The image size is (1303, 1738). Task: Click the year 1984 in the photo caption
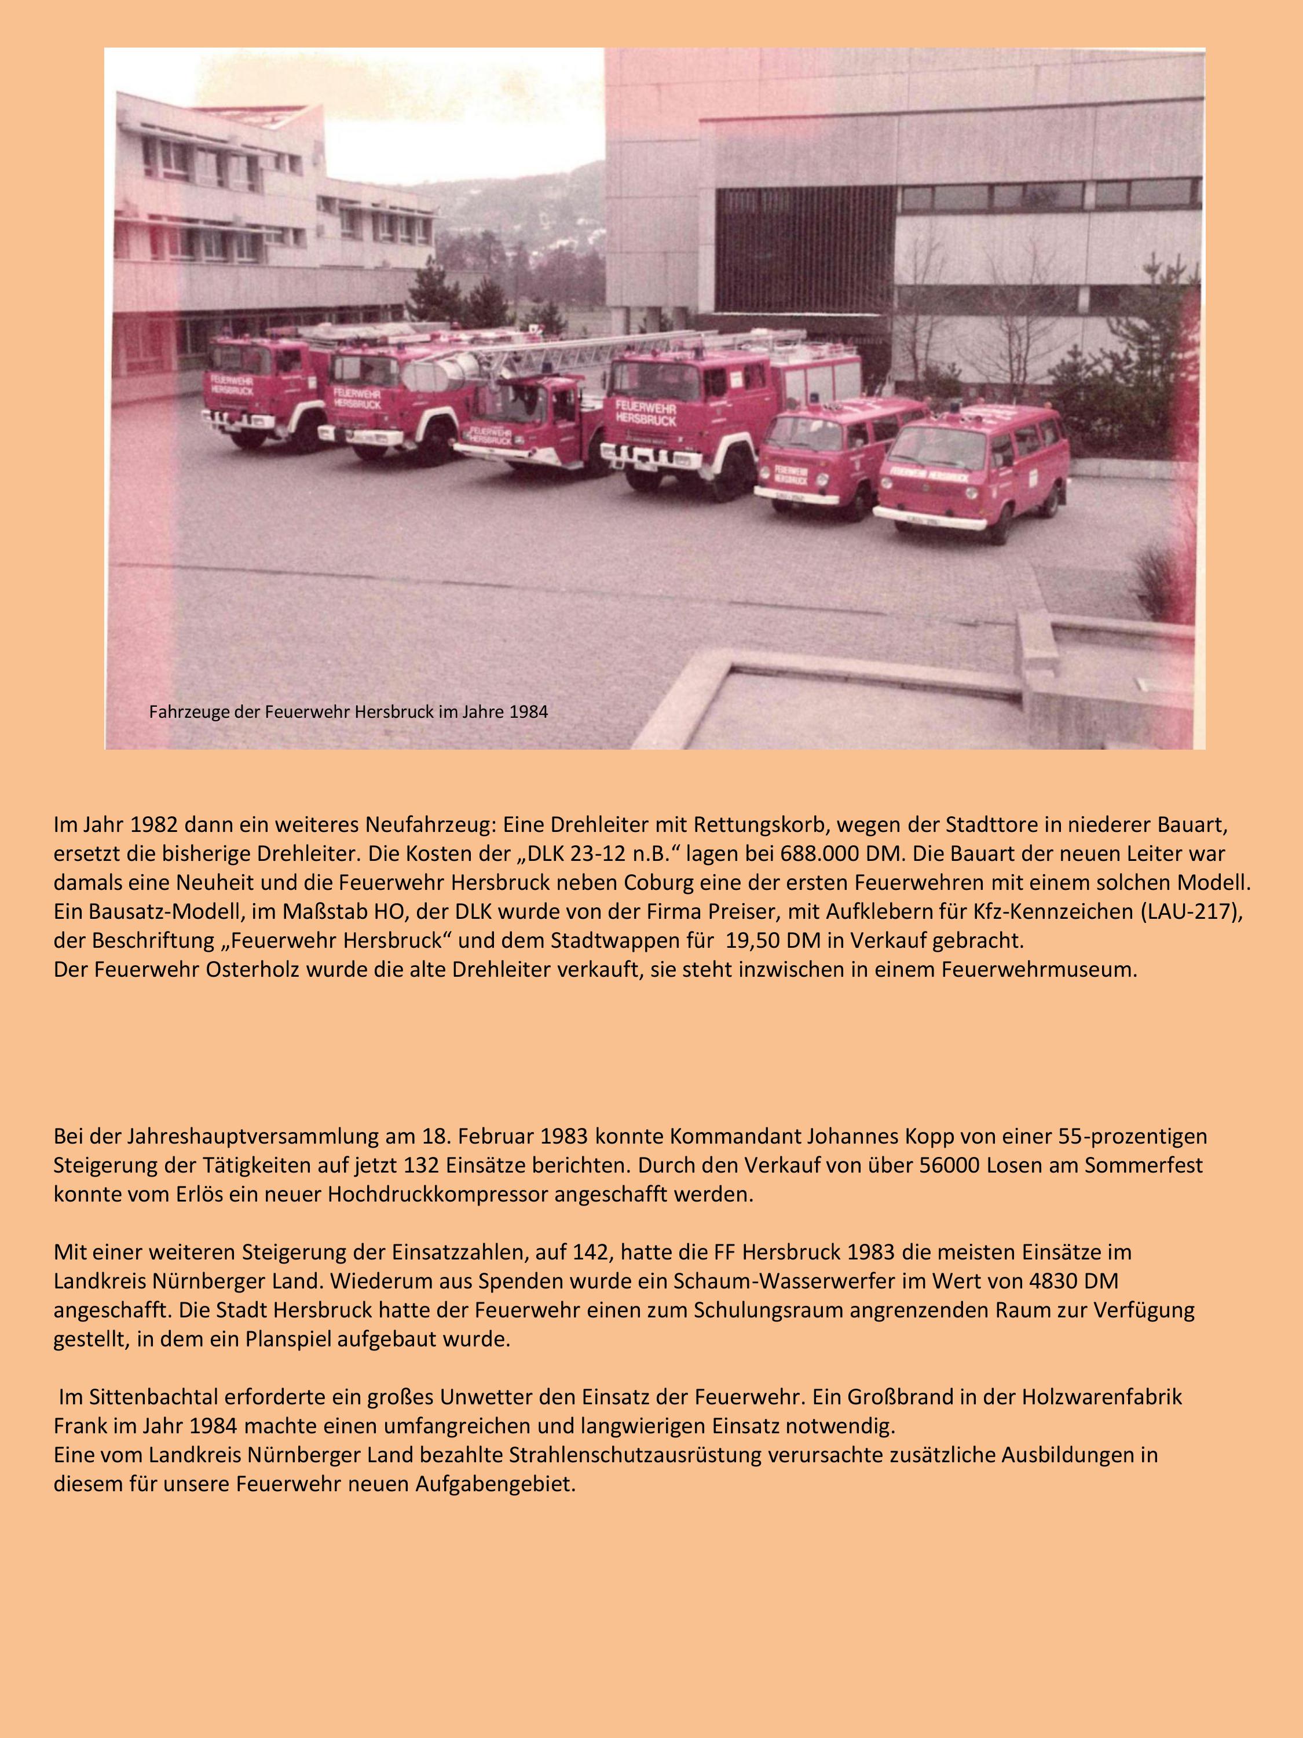(x=529, y=713)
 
